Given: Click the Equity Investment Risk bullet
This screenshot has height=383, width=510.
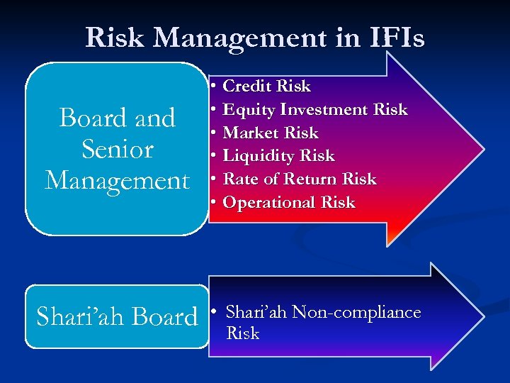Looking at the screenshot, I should tap(315, 110).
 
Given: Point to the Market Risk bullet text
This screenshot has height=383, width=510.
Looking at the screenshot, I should tap(271, 133).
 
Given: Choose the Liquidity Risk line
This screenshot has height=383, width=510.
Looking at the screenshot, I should tap(278, 156).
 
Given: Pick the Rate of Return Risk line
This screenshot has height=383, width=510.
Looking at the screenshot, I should tap(300, 179).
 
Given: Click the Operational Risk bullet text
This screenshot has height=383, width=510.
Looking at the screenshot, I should tap(289, 203).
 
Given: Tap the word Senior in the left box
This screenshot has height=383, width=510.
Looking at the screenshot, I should tap(118, 149).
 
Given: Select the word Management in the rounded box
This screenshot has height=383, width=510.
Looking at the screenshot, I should tap(118, 180).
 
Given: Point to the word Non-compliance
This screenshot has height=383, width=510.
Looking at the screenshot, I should tap(357, 313).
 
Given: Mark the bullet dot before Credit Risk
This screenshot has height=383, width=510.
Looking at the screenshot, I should tap(213, 87).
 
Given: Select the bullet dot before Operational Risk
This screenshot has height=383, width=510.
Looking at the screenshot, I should tap(213, 203).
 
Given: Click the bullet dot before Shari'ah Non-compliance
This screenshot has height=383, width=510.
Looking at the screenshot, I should tap(214, 313).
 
